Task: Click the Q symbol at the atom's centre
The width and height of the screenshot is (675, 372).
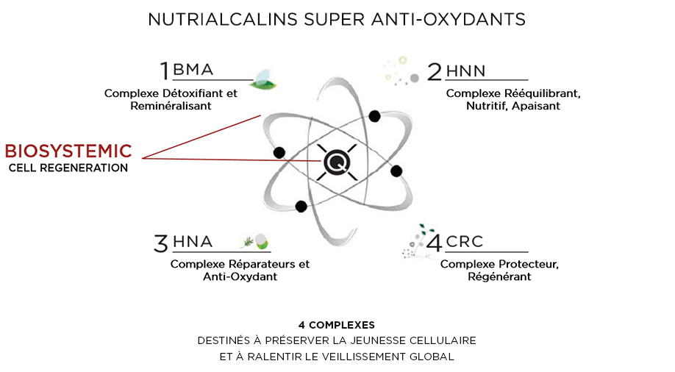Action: [337, 161]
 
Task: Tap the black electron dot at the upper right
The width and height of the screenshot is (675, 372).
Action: [375, 115]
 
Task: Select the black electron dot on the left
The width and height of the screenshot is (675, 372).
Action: [279, 152]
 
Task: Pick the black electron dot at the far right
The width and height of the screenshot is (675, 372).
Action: [396, 171]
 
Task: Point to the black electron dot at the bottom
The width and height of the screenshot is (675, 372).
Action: [301, 207]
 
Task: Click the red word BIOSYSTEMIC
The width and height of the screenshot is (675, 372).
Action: [68, 151]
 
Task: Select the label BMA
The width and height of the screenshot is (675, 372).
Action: [193, 71]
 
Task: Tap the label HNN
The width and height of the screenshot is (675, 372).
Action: [467, 71]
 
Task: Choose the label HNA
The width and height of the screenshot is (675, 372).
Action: [192, 242]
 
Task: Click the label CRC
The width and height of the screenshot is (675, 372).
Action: [466, 242]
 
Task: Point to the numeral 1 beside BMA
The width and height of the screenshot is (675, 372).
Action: [165, 71]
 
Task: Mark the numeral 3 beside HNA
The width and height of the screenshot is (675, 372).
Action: [162, 243]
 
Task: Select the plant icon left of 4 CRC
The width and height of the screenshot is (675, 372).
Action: [413, 240]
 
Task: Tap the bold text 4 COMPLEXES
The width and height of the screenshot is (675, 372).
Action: [337, 324]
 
